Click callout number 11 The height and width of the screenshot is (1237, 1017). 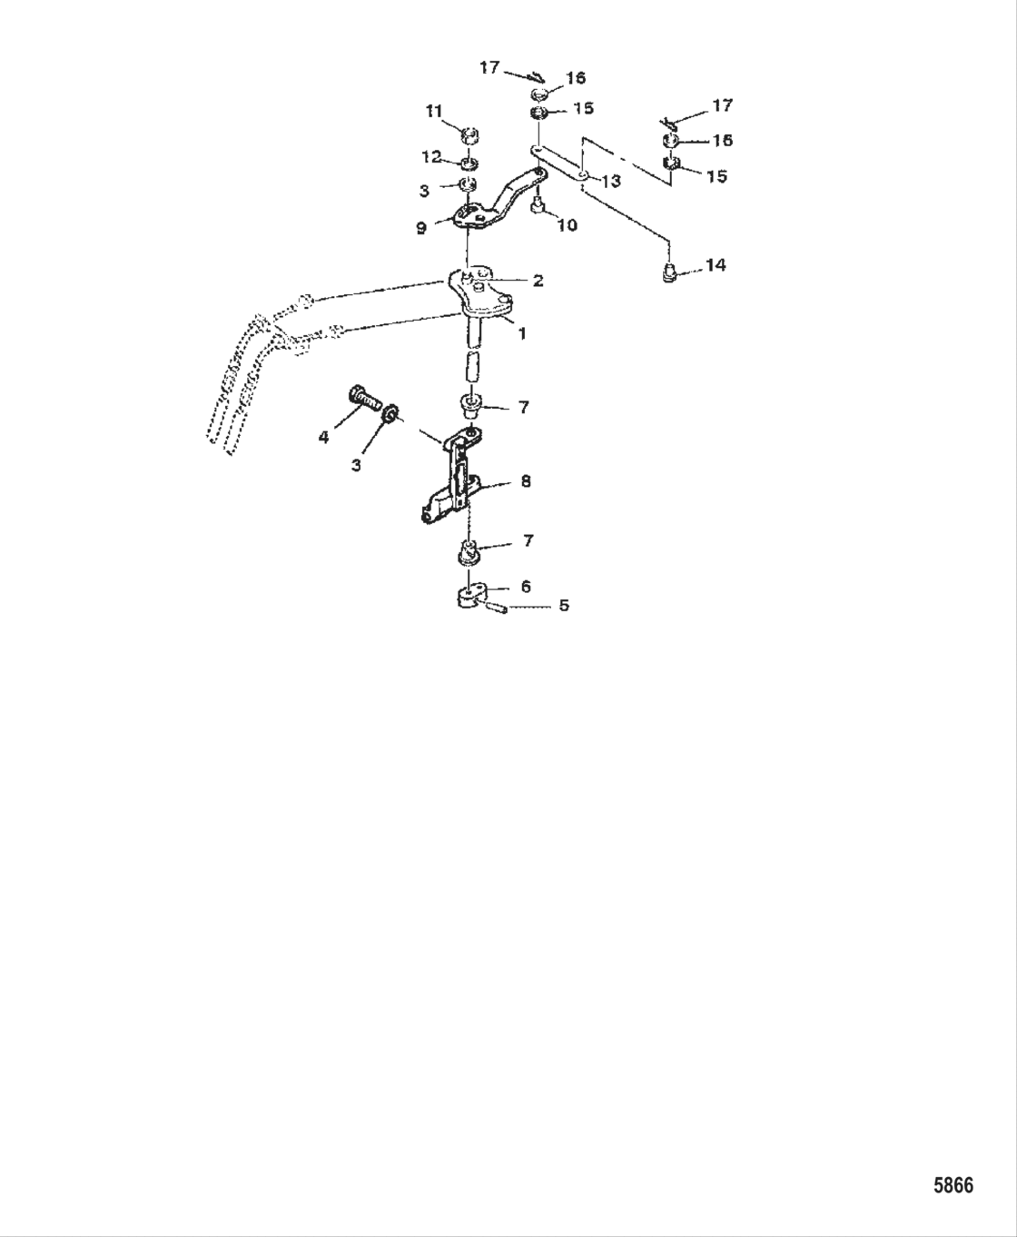[x=434, y=111]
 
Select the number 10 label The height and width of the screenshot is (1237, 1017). [x=567, y=225]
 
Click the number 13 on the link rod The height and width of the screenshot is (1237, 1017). [x=611, y=182]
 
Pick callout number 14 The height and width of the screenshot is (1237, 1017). [x=716, y=265]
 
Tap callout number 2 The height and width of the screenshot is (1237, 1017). [x=538, y=282]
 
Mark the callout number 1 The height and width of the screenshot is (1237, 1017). [x=522, y=333]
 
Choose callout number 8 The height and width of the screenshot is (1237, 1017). [x=526, y=480]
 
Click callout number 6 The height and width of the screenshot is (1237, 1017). [x=526, y=587]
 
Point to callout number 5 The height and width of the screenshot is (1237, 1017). [x=564, y=605]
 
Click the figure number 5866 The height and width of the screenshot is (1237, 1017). [x=953, y=1185]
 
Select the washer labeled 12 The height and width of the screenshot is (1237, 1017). [x=469, y=164]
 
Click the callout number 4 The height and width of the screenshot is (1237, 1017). [x=323, y=437]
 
